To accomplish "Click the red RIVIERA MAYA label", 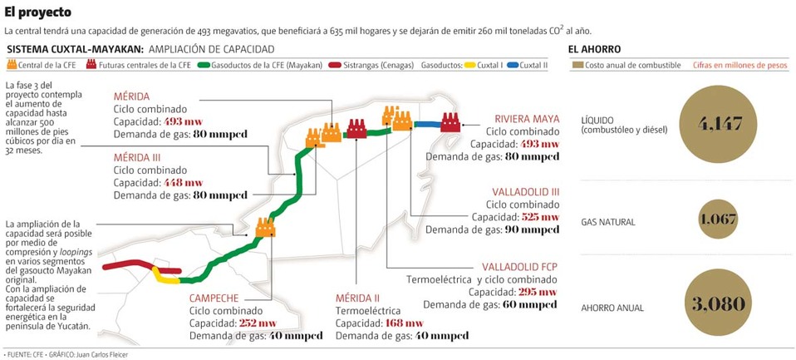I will pyautogui.click(x=527, y=118).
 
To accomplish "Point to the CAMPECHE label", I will pyautogui.click(x=214, y=298).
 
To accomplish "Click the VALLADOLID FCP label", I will pyautogui.click(x=520, y=266).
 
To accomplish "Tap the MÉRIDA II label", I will pyautogui.click(x=357, y=298).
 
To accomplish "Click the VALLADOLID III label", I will pyautogui.click(x=525, y=191).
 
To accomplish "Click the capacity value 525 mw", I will pyautogui.click(x=538, y=217).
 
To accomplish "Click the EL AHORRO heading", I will pyautogui.click(x=594, y=48).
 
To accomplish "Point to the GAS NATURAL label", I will pyautogui.click(x=608, y=222).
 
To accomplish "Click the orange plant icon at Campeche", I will pyautogui.click(x=265, y=227).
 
